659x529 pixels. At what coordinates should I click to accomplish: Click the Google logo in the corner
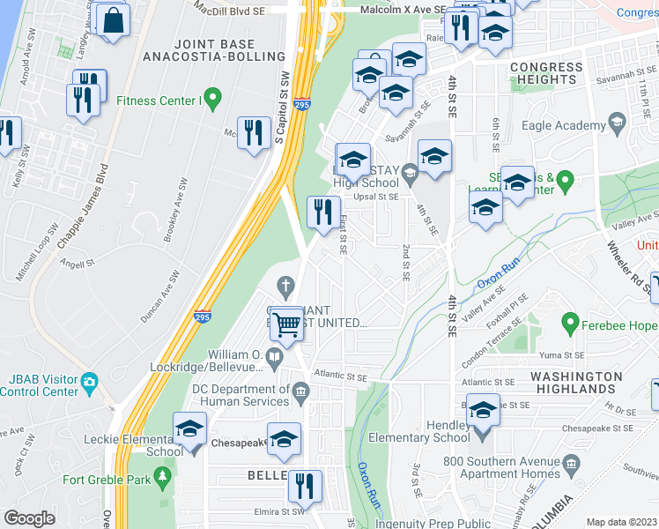[29, 518]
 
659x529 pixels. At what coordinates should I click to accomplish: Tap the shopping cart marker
[287, 324]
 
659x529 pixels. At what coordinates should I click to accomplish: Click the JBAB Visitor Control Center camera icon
[89, 382]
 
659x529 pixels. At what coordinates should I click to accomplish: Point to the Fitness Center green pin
[211, 96]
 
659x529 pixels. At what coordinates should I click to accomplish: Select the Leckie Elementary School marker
[189, 429]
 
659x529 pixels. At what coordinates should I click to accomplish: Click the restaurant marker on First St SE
[323, 212]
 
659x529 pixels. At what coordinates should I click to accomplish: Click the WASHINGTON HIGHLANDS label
[576, 384]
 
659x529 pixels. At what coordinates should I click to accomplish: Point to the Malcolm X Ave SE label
[401, 10]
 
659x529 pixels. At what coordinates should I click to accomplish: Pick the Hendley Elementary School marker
[483, 412]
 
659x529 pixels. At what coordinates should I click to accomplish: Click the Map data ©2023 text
[622, 522]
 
